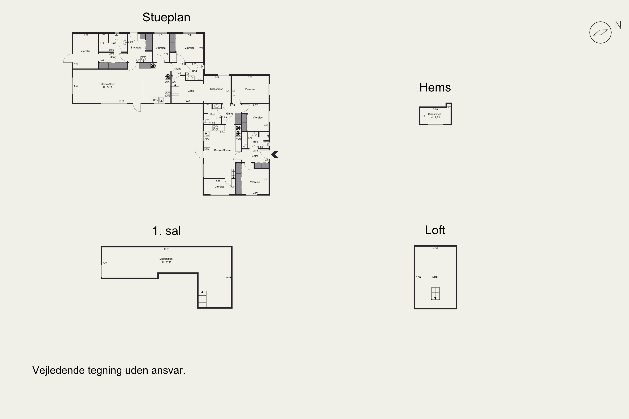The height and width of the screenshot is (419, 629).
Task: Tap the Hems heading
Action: (435, 87)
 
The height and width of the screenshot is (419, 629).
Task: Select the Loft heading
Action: (435, 230)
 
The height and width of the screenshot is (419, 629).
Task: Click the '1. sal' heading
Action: (167, 231)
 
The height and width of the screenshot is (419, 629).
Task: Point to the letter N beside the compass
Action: (618, 25)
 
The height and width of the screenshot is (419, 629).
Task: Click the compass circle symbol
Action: (600, 33)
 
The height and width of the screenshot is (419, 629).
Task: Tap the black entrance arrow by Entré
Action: (275, 154)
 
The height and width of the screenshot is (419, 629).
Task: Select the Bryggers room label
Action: (136, 48)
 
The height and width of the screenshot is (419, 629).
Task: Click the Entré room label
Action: (255, 156)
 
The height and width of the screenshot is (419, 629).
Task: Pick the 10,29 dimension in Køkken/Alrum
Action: (121, 101)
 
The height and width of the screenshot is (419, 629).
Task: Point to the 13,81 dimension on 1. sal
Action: (167, 249)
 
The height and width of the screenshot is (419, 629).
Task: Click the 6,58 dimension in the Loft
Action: (418, 277)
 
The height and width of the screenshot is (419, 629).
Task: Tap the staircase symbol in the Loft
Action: (435, 294)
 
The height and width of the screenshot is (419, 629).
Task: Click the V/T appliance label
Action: (245, 146)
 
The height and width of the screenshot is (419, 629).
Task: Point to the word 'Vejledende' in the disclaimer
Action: (58, 370)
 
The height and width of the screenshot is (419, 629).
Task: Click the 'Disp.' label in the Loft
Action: (435, 277)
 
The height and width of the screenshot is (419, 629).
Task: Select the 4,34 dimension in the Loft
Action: (436, 248)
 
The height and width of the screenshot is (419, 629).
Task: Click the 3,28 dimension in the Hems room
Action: (435, 109)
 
